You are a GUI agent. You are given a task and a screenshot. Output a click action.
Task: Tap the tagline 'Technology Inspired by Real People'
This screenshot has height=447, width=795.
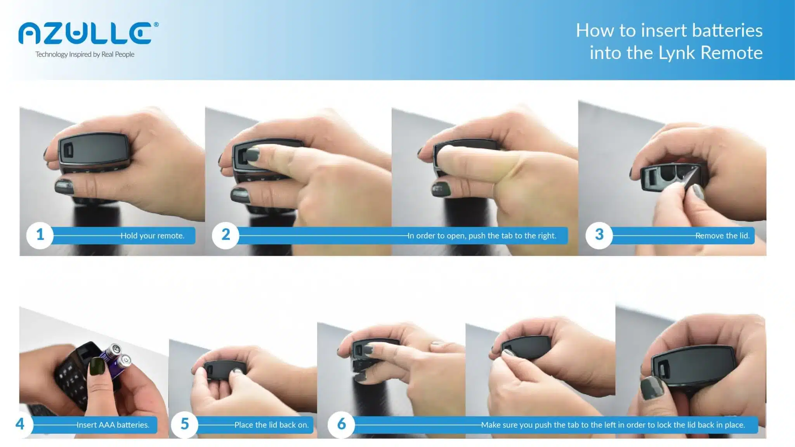85,54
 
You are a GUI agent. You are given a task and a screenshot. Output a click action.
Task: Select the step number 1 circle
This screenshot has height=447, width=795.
40,235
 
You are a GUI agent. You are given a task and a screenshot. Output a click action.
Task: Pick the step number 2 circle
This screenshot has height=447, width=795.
226,235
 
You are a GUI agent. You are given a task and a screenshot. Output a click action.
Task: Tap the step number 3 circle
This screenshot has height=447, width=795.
599,235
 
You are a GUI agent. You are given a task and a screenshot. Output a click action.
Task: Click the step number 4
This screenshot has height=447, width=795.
20,424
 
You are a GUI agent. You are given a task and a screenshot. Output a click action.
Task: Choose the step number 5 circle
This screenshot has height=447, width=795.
184,424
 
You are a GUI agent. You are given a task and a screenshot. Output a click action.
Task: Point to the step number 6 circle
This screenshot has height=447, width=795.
341,424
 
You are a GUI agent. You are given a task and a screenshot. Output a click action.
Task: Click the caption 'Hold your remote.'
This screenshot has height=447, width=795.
153,236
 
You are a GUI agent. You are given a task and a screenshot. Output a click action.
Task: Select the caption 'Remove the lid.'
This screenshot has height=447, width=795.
722,236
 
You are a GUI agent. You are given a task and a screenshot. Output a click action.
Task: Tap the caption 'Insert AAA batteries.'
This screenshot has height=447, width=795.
113,425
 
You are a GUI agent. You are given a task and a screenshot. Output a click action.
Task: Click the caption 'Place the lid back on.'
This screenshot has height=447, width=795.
272,425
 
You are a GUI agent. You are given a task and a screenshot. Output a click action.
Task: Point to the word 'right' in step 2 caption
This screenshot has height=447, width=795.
546,236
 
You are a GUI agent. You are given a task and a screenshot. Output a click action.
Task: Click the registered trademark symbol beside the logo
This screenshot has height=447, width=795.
156,24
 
